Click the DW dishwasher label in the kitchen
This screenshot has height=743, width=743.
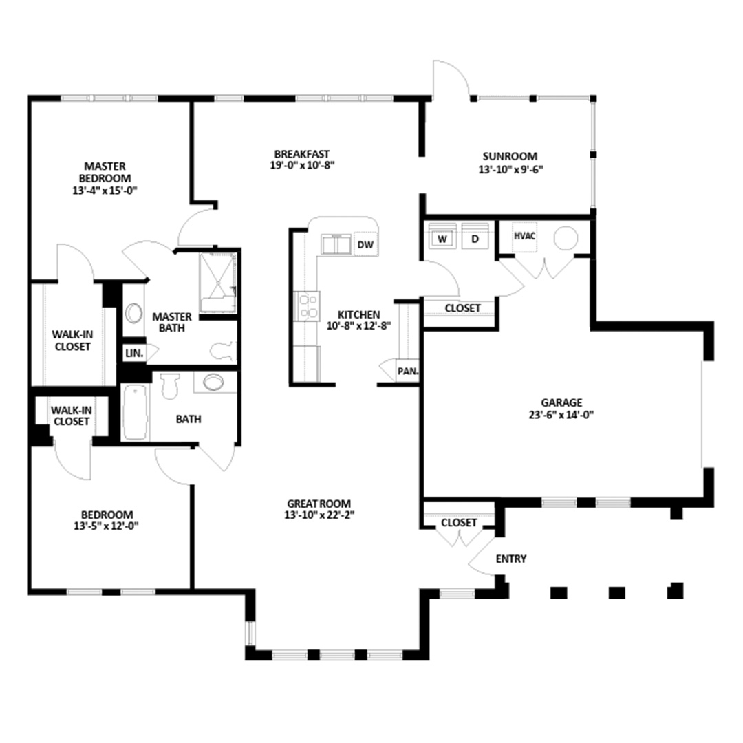365,244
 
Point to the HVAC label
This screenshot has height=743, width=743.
524,235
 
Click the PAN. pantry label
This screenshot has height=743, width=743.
408,371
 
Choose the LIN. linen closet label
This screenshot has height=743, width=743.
134,353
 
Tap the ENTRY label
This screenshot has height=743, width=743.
510,559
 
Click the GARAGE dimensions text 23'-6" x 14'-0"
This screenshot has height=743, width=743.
561,415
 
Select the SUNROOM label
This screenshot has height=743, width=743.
510,156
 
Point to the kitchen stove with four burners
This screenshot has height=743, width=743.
307,306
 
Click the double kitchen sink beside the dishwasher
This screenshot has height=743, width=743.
336,244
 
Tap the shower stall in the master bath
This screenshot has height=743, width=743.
217,283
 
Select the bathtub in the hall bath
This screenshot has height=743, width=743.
136,412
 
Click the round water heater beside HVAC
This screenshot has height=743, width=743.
566,238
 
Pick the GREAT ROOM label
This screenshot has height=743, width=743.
319,503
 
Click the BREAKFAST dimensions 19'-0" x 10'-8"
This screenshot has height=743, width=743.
302,166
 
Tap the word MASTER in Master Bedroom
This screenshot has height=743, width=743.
105,166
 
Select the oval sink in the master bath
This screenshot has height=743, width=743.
133,313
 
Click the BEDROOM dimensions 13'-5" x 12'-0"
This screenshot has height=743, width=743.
106,526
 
